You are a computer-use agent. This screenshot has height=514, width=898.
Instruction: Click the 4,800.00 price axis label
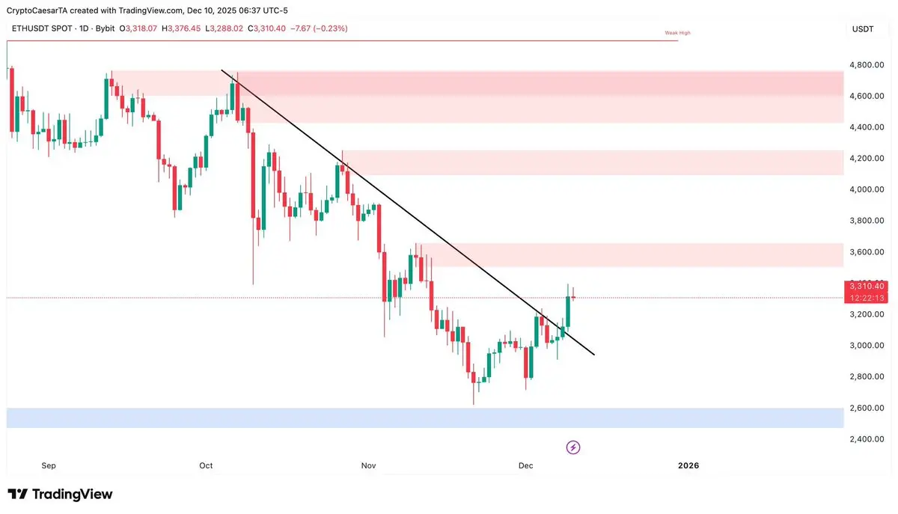coord(867,65)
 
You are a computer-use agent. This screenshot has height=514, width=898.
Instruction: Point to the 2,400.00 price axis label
coord(867,439)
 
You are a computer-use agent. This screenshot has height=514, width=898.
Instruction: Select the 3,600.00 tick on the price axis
coord(867,252)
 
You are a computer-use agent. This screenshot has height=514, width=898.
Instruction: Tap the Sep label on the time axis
coord(49,466)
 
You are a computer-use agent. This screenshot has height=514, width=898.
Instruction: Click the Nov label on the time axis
coord(368,466)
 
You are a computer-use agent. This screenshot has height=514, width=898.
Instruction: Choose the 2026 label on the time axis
coord(688,466)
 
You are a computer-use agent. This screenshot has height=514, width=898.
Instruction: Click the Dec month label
coord(526,466)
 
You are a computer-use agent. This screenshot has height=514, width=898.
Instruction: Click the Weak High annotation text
coord(678,33)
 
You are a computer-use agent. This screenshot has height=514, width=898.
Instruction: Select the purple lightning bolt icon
coord(573,447)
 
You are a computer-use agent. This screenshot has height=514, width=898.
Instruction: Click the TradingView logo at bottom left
coord(60,495)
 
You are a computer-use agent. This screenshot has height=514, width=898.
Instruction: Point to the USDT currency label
coord(863,29)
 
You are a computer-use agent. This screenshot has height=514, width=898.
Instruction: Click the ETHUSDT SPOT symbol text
coord(40,29)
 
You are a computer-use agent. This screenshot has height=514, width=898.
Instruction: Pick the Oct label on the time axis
coord(206,466)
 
